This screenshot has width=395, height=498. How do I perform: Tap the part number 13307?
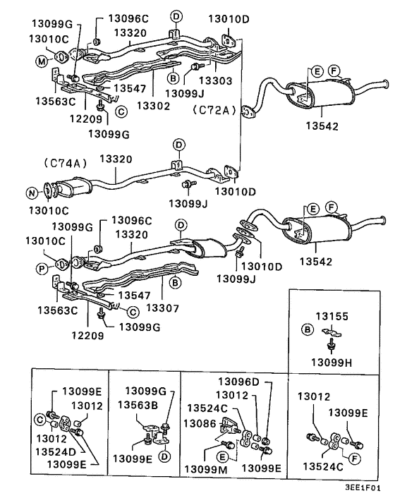[x=163, y=308]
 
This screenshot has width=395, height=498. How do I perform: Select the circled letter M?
[x=42, y=62]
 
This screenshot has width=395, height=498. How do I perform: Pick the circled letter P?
[x=42, y=269]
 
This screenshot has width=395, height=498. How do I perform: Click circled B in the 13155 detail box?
[x=307, y=329]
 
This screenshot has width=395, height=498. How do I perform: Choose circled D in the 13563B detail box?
[x=164, y=456]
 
